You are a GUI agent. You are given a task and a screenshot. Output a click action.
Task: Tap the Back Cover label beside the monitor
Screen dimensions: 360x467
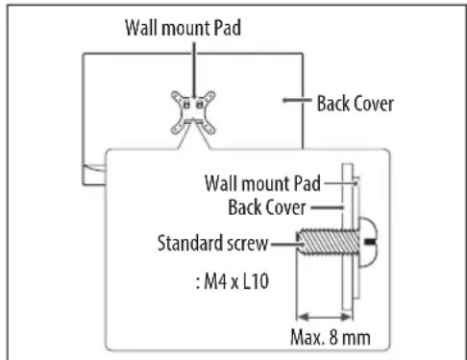point(355,103)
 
